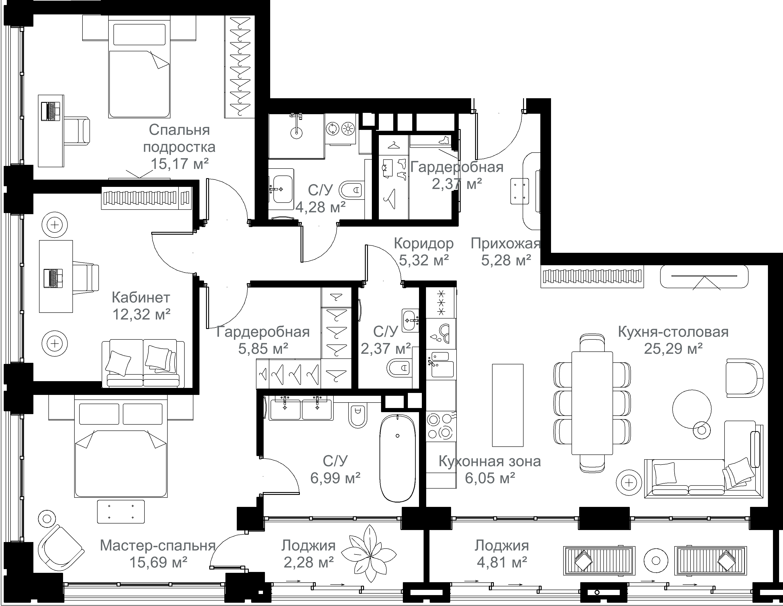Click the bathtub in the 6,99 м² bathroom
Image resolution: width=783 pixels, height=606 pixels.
(398, 458)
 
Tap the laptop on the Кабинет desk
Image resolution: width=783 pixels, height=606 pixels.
(53, 278)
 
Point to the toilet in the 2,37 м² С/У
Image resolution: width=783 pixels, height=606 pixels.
(398, 368)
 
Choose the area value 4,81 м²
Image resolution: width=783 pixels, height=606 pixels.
(502, 562)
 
